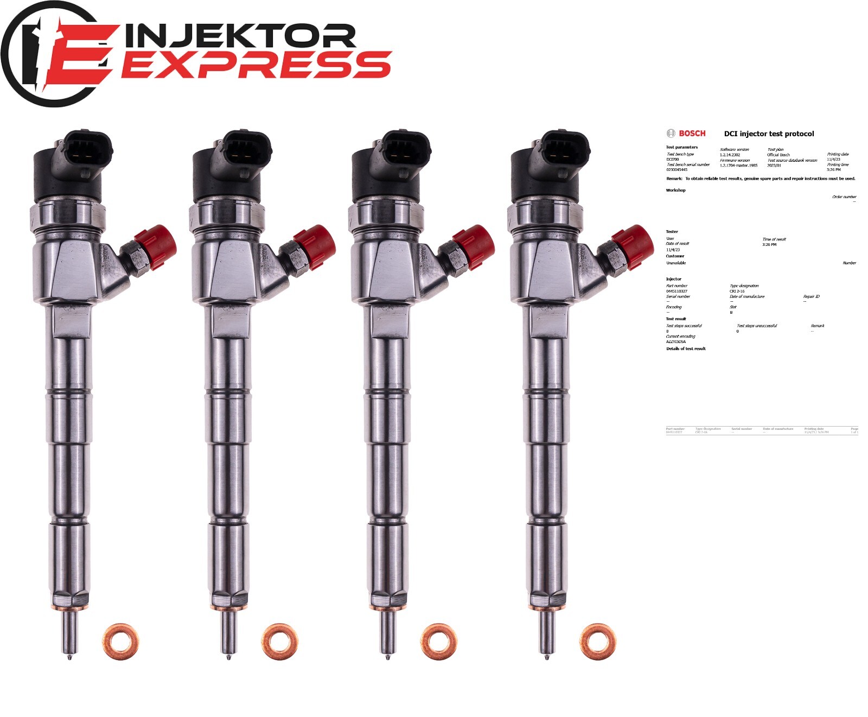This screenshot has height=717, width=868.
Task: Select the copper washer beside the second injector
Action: pos(279,642)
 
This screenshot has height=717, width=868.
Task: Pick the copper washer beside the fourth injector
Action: pos(598,642)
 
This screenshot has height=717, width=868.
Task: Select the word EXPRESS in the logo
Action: pos(255,65)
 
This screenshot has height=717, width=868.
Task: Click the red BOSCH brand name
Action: pos(692,134)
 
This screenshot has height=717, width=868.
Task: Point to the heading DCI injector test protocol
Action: pos(769,134)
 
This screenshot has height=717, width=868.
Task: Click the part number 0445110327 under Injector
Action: pos(676,291)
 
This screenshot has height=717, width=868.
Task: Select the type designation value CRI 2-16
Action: pos(737,291)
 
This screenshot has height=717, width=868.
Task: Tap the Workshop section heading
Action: pos(675,191)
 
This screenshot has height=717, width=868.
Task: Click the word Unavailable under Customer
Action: pos(676,263)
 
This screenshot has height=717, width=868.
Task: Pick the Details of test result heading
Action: pos(686,349)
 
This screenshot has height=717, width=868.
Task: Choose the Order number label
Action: pos(844,197)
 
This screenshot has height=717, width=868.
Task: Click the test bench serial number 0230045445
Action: pos(676,170)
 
